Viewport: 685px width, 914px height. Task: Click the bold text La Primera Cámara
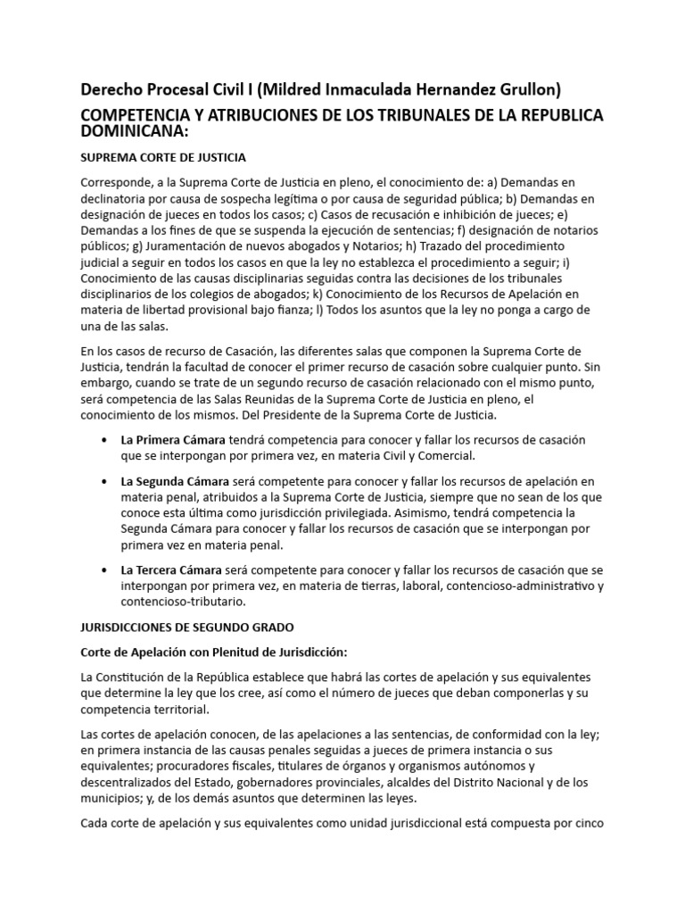[173, 415]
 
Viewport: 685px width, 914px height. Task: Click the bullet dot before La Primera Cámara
[107, 416]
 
